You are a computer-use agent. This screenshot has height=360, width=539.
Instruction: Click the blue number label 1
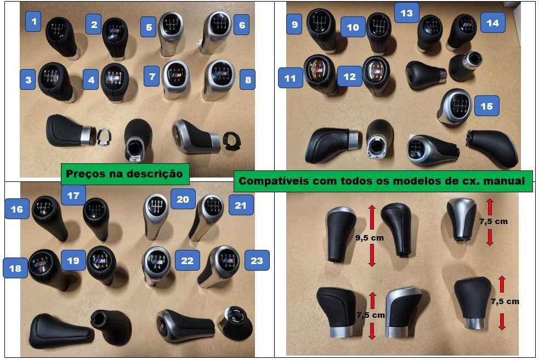pos(35,22)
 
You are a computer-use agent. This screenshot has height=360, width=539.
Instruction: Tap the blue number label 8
pos(248,81)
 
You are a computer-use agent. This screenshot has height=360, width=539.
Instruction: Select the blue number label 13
pos(406,13)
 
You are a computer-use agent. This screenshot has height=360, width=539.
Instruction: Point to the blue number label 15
pos(486,106)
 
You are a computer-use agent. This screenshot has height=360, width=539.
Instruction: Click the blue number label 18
pos(15,268)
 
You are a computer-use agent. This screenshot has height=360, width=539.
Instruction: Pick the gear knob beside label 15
pos(456,106)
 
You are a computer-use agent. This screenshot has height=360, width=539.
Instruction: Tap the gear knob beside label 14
pos(461,31)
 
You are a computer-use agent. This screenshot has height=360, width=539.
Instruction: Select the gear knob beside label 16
pos(49,215)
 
